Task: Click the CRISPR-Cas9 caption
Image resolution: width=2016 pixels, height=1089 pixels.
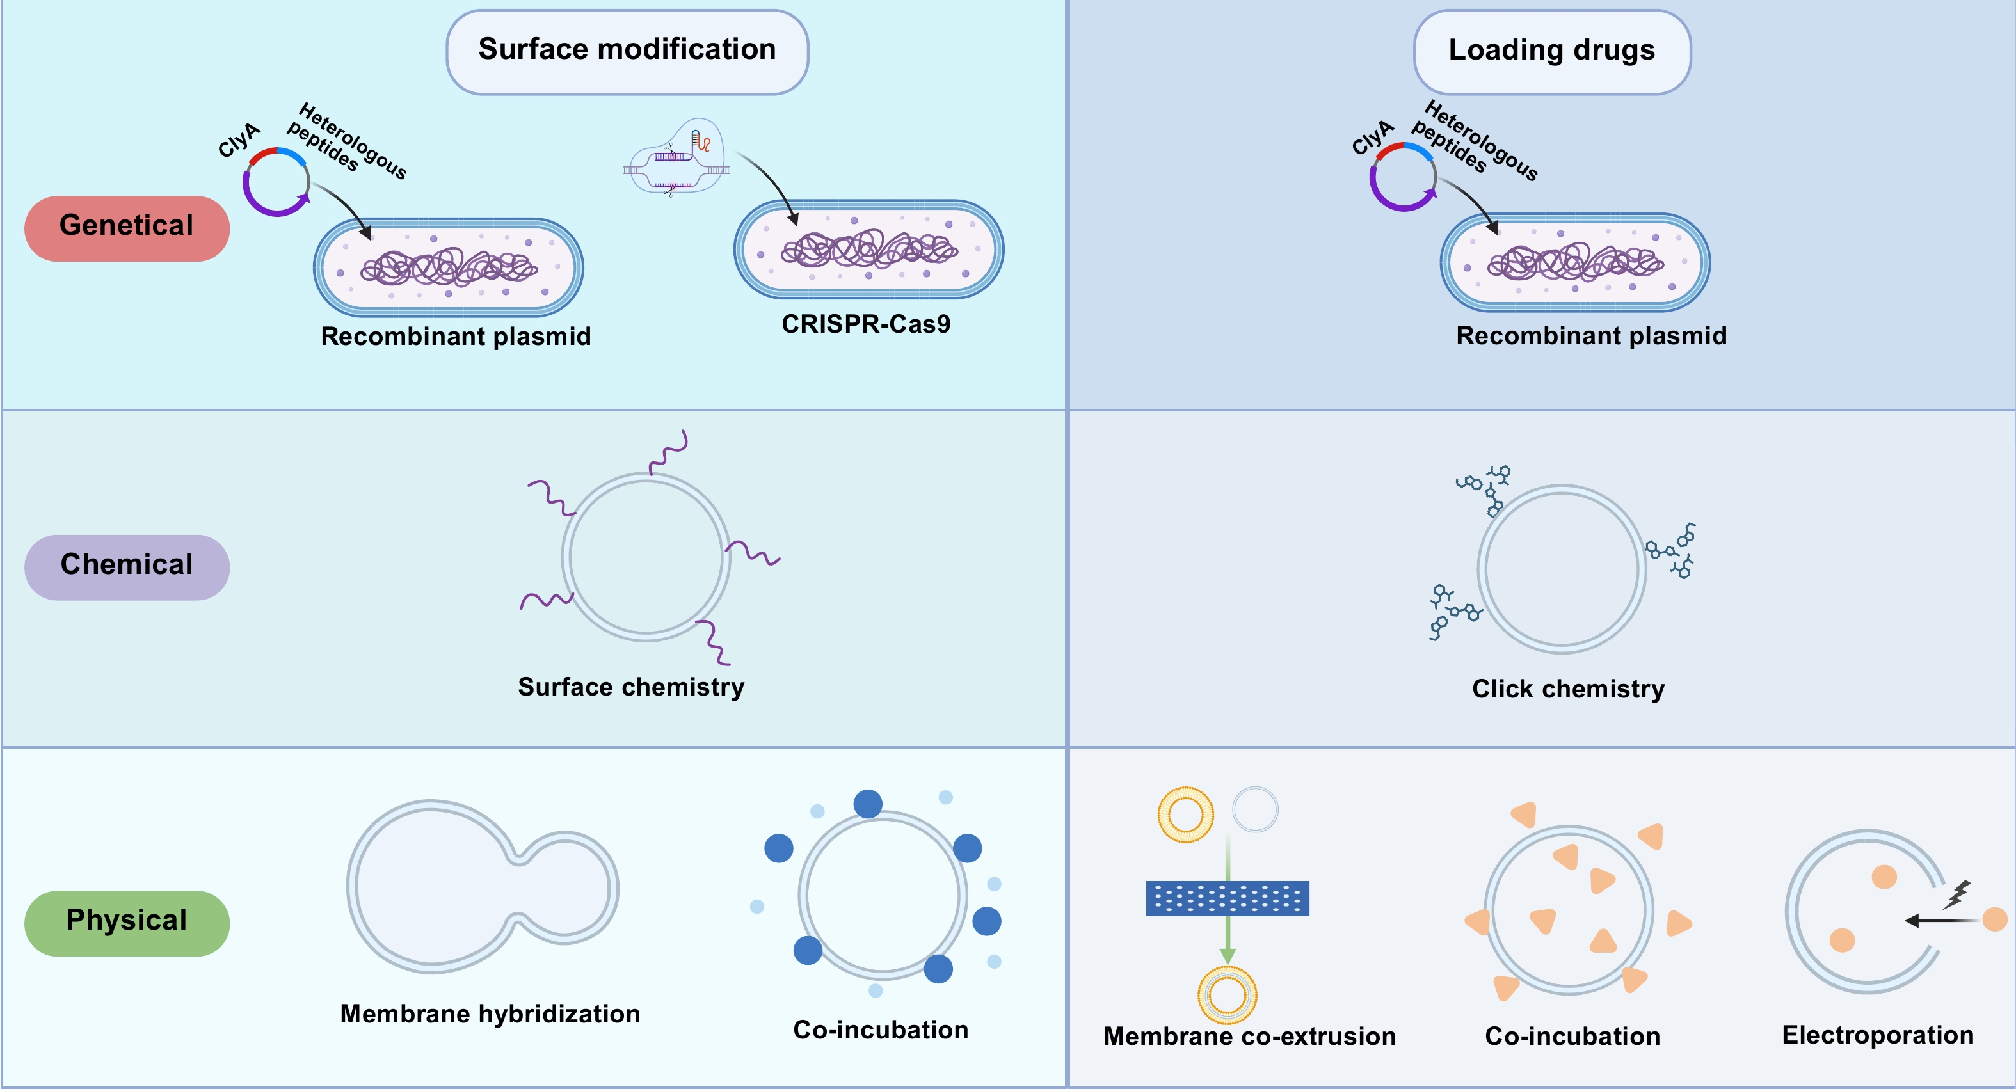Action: point(865,324)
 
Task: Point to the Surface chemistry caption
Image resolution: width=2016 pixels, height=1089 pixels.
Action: point(631,687)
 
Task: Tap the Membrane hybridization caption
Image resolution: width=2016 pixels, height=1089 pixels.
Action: point(490,1014)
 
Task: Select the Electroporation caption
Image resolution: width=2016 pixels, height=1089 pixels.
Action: point(1878,1035)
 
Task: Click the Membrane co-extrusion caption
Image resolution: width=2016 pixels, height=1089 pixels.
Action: point(1249,1036)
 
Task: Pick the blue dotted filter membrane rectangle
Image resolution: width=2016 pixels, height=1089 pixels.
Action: point(1227,898)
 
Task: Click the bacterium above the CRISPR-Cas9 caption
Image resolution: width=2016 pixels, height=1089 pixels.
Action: point(868,250)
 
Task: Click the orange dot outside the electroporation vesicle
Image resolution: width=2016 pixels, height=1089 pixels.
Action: point(1994,919)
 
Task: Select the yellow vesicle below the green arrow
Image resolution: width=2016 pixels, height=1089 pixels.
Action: point(1227,995)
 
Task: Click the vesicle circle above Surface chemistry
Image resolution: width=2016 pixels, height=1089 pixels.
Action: point(646,557)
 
